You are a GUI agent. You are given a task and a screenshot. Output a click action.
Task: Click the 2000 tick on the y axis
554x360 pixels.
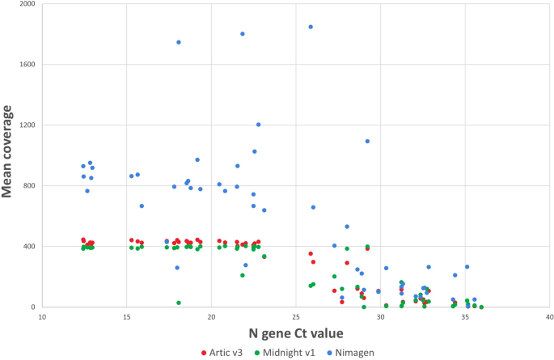click(26, 4)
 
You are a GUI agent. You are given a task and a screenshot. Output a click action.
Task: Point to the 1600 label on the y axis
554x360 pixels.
click(26, 65)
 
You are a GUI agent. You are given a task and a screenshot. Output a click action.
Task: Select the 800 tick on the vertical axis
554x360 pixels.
click(28, 186)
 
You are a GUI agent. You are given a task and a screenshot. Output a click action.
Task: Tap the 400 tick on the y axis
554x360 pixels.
click(28, 247)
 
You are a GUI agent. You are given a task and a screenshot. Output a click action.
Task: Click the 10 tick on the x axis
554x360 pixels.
click(42, 317)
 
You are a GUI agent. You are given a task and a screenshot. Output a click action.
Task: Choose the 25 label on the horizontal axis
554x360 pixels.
click(296, 317)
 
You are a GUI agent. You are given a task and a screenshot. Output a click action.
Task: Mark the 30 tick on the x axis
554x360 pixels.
click(381, 317)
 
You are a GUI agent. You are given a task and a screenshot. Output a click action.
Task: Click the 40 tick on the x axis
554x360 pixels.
click(549, 317)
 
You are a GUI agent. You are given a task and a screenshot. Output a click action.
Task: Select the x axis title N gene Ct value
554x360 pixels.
click(296, 334)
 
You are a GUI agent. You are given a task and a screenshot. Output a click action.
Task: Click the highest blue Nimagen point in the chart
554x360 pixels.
click(311, 27)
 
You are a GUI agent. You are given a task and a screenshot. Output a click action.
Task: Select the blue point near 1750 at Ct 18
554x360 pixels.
click(179, 42)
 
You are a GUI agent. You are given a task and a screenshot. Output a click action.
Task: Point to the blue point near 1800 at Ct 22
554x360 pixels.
click(243, 34)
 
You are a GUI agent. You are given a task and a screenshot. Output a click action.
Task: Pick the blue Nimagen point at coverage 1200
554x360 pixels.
click(259, 125)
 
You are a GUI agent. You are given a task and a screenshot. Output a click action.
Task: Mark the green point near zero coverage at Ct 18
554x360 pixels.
click(179, 303)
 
